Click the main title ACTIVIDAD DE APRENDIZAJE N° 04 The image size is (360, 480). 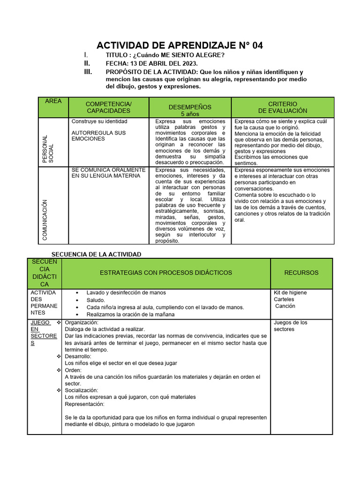click(180, 45)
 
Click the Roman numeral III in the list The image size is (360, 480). click(88, 72)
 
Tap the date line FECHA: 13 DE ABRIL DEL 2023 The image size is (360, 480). click(151, 63)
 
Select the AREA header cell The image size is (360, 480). click(53, 101)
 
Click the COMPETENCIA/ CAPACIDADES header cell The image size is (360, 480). click(109, 107)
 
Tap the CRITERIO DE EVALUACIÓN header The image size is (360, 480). click(283, 107)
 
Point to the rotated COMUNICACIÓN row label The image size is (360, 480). click(45, 220)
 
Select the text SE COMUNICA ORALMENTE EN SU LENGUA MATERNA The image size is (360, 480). click(109, 172)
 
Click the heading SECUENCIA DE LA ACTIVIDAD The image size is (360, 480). click(96, 254)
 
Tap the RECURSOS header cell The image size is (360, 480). click(301, 273)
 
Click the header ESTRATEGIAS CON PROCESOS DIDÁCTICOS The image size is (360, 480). click(165, 273)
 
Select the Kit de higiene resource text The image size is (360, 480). click(290, 292)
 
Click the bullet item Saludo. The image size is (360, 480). click(96, 300)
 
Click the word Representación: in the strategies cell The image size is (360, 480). click(84, 404)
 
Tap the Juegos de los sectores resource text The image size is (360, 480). click(290, 326)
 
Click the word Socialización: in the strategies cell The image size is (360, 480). click(81, 390)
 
